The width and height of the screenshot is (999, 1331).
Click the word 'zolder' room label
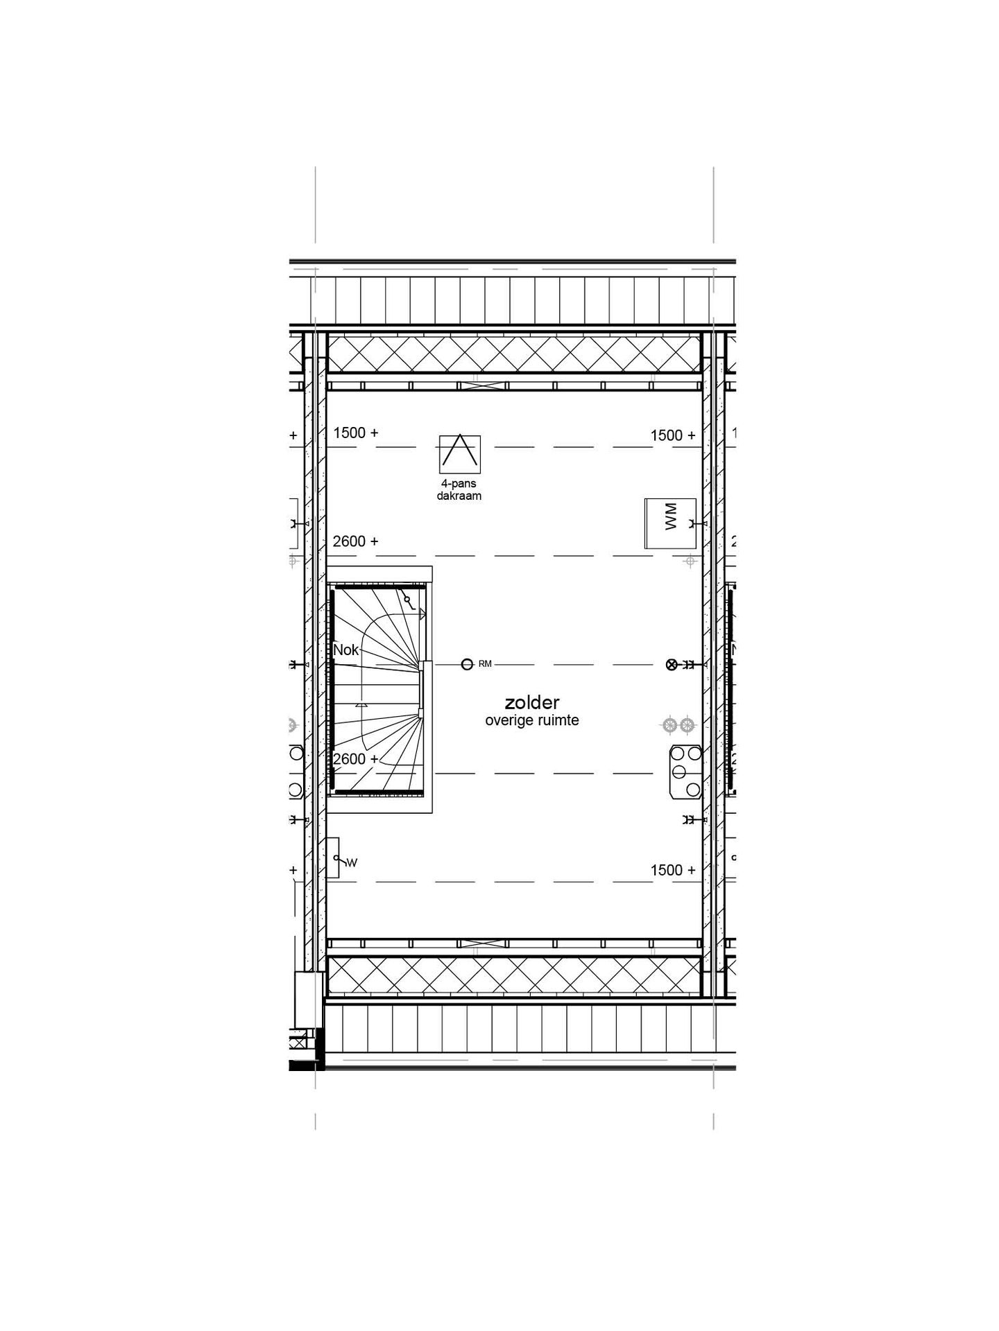point(531,703)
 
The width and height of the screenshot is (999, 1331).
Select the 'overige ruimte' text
point(531,721)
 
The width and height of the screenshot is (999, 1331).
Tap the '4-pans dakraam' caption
point(459,490)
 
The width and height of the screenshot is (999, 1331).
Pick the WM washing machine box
point(669,523)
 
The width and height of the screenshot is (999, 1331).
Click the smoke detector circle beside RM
point(467,664)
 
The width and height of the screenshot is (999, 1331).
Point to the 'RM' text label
point(485,664)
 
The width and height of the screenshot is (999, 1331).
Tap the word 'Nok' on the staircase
point(346,650)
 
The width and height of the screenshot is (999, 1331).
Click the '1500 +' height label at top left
point(356,433)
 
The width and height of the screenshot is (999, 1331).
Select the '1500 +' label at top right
point(672,435)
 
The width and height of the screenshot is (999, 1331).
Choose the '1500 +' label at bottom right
point(672,870)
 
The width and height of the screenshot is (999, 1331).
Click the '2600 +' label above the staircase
point(356,541)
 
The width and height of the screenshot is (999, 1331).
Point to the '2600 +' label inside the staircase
point(356,759)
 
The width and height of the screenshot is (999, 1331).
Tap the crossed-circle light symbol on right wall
point(671,664)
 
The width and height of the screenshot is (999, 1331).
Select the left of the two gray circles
point(669,725)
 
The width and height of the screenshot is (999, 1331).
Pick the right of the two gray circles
point(687,725)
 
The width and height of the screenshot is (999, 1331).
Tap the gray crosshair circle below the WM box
point(690,561)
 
